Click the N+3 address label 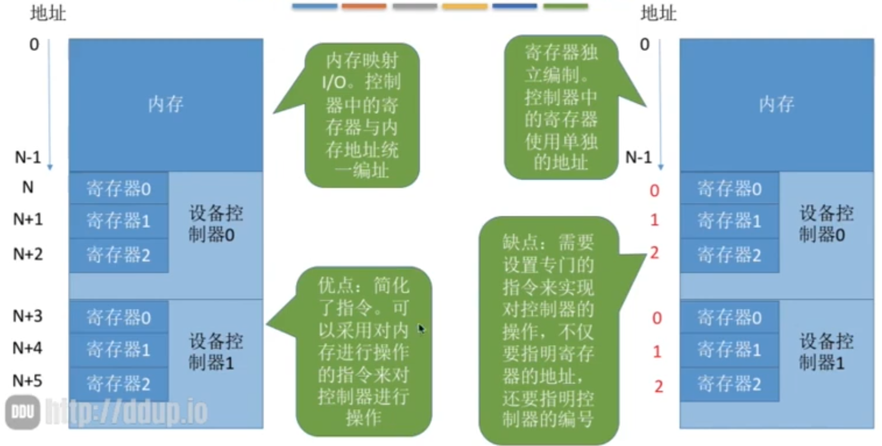[x=28, y=316]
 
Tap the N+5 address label [x=28, y=381]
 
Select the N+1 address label [x=28, y=219]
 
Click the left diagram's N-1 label [x=28, y=157]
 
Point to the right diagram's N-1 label [x=639, y=157]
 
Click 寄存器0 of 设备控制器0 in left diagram [x=119, y=189]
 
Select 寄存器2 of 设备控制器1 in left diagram [x=119, y=383]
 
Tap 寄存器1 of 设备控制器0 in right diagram [x=729, y=220]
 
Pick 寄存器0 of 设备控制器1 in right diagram [x=729, y=317]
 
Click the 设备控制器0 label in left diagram [x=216, y=224]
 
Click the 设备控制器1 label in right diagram [x=826, y=352]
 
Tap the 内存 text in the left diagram [x=166, y=104]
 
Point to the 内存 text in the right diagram [x=776, y=104]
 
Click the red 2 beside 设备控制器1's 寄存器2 [x=659, y=387]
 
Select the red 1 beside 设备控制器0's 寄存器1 [x=655, y=220]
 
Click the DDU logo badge [x=22, y=412]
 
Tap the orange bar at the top [x=364, y=6]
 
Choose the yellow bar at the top [x=465, y=6]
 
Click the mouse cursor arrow [x=422, y=329]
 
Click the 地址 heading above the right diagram [x=658, y=14]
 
